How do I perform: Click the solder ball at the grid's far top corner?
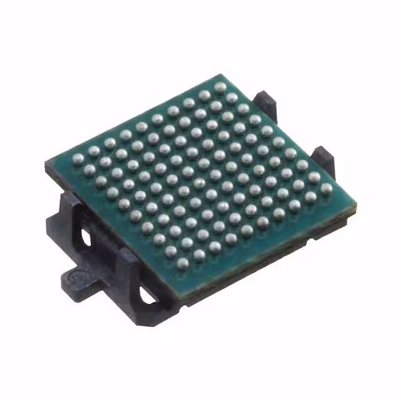(219, 86)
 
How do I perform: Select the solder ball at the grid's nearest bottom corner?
(182, 264)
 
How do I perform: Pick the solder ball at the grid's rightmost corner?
(325, 187)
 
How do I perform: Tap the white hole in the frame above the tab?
(84, 237)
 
